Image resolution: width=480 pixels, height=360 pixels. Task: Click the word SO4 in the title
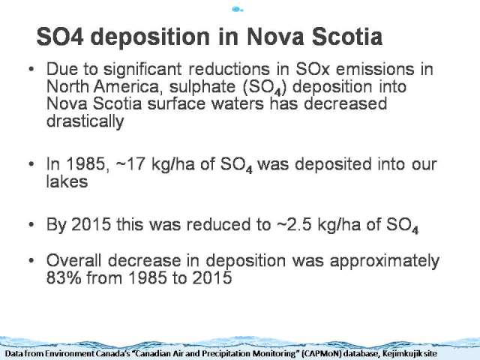click(60, 37)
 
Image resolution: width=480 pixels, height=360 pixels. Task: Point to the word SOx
click(313, 69)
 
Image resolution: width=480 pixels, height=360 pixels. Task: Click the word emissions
click(375, 69)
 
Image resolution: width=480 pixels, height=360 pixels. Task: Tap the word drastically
click(85, 121)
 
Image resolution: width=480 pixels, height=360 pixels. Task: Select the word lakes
click(67, 181)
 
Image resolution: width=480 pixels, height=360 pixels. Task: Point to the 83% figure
click(64, 278)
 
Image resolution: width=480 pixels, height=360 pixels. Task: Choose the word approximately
click(385, 262)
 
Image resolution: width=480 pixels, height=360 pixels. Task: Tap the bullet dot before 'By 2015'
click(31, 225)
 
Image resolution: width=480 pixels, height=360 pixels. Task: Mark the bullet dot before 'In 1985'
click(31, 165)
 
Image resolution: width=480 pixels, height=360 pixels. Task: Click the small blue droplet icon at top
click(237, 10)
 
